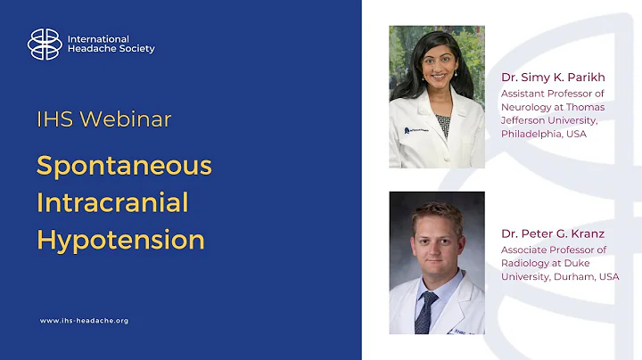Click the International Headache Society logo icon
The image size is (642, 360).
[45, 44]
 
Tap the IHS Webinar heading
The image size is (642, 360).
[104, 119]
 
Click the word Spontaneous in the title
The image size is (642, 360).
[124, 166]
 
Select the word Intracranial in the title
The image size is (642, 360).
[112, 202]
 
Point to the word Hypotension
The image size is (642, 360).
[120, 239]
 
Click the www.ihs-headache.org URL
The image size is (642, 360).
[85, 320]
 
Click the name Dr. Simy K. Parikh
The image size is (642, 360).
[553, 78]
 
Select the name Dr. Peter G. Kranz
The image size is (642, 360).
[554, 234]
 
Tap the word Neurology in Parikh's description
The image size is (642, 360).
[526, 107]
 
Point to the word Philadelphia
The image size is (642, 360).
[536, 135]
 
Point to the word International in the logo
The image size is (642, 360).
[98, 39]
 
